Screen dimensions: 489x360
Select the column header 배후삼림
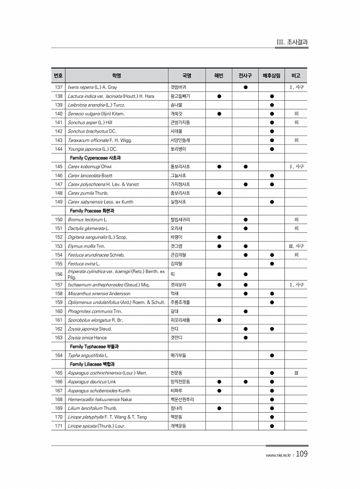pos(272,76)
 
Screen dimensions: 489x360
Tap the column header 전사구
pos(245,76)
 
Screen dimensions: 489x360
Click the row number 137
pos(58,87)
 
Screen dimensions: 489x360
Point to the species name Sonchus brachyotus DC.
pos(92,132)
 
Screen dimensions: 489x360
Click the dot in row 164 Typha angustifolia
pos(272,355)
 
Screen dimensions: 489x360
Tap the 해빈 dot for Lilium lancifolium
pos(219,408)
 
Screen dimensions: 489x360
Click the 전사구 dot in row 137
pos(245,87)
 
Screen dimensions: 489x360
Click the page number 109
pos(301,455)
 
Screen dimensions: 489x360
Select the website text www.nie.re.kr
pos(277,456)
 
